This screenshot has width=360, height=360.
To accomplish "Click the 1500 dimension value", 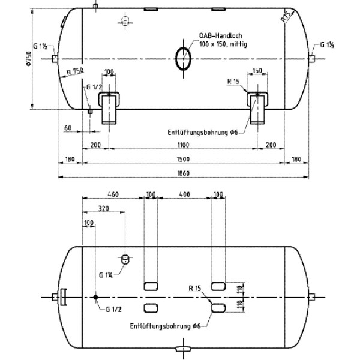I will coord(183,159).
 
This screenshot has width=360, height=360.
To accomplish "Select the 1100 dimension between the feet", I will coord(183,145).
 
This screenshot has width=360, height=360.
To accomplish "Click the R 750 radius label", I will coord(76,72).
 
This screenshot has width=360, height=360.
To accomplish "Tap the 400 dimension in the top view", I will coord(184,194).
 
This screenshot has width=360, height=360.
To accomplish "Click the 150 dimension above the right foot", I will coord(257,71).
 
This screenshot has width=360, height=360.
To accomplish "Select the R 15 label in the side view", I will coord(235,81).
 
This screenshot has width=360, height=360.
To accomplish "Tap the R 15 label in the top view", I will coord(194,288).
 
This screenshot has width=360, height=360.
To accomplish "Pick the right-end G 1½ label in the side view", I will coord(327,45).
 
